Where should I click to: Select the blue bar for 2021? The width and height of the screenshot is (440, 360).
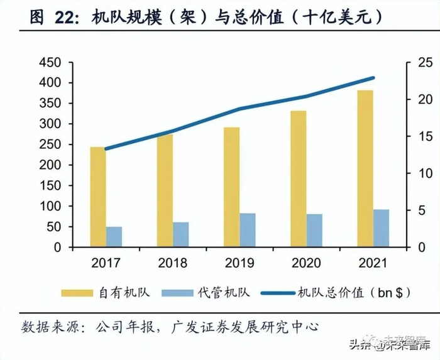pyautogui.click(x=382, y=228)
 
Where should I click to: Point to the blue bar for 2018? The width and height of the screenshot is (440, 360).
pyautogui.click(x=181, y=234)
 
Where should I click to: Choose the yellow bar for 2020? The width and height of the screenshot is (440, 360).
pyautogui.click(x=299, y=179)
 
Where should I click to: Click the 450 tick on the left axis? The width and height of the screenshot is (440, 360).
pyautogui.click(x=50, y=63)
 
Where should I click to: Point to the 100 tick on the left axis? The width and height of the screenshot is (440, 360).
pyautogui.click(x=50, y=206)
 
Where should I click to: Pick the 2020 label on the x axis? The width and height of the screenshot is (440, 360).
pyautogui.click(x=307, y=263)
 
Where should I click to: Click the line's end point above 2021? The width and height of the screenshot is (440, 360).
pyautogui.click(x=373, y=78)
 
